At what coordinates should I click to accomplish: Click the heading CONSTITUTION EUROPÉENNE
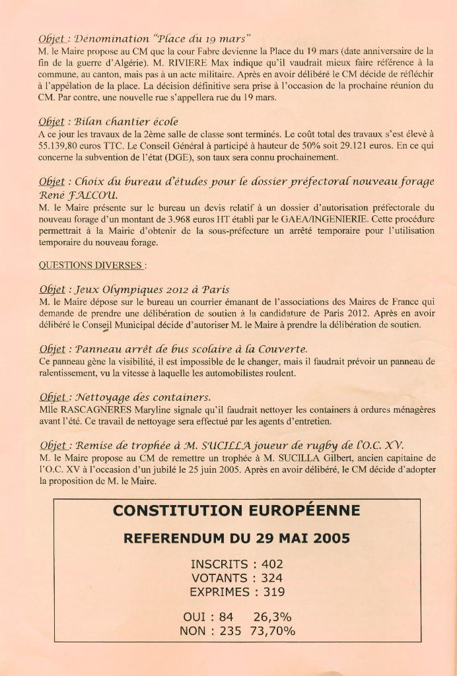tap(236, 510)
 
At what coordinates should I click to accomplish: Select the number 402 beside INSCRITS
tap(271, 564)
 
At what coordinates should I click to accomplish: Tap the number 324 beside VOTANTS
tap(271, 578)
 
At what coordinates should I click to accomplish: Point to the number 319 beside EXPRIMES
tap(273, 592)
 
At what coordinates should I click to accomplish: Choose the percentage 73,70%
tap(272, 630)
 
